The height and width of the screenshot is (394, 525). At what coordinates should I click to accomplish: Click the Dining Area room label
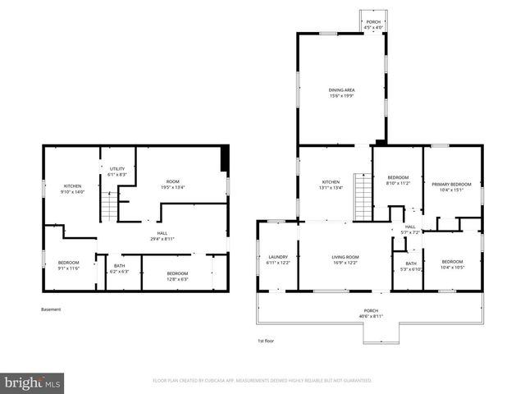pyautogui.click(x=341, y=93)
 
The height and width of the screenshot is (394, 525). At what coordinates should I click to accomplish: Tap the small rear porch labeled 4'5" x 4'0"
pyautogui.click(x=373, y=25)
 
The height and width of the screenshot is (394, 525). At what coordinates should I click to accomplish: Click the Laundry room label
pyautogui.click(x=278, y=259)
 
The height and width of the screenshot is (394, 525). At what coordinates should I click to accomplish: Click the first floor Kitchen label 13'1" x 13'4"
pyautogui.click(x=331, y=184)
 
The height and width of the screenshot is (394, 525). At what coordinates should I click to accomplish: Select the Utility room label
pyautogui.click(x=116, y=172)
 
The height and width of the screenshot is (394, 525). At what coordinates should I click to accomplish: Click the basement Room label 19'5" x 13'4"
pyautogui.click(x=172, y=184)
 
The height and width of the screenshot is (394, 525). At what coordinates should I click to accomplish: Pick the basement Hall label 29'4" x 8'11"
pyautogui.click(x=162, y=236)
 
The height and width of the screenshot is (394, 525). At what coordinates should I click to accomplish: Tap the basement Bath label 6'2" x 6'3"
pyautogui.click(x=119, y=268)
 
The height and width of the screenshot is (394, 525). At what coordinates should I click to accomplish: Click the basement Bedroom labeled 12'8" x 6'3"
pyautogui.click(x=177, y=276)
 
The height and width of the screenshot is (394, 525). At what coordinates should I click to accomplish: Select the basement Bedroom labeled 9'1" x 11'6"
pyautogui.click(x=68, y=264)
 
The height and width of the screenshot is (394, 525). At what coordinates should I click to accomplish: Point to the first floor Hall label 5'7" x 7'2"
pyautogui.click(x=410, y=230)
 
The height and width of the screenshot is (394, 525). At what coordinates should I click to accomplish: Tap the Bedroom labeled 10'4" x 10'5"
pyautogui.click(x=452, y=264)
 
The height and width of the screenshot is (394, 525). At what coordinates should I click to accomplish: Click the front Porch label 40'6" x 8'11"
pyautogui.click(x=372, y=314)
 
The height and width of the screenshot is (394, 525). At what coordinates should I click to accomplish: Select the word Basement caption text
pyautogui.click(x=51, y=309)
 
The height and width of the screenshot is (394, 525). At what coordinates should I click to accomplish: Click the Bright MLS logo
pyautogui.click(x=33, y=383)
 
